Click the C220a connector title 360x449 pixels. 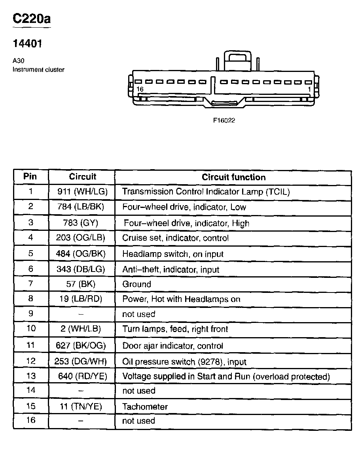click(x=32, y=19)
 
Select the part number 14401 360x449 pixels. click(x=27, y=43)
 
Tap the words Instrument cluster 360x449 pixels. click(x=38, y=70)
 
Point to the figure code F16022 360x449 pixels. click(x=224, y=121)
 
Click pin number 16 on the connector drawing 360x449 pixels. click(x=140, y=89)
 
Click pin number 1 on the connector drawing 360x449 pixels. click(x=309, y=89)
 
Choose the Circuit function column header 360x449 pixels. click(x=233, y=177)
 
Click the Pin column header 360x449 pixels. click(x=30, y=176)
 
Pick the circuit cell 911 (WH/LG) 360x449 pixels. click(x=82, y=192)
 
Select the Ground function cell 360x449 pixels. click(x=137, y=284)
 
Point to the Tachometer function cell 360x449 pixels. click(x=145, y=407)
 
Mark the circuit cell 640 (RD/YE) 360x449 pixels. click(x=82, y=376)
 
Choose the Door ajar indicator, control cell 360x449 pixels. click(x=173, y=346)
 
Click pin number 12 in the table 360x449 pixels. click(x=30, y=361)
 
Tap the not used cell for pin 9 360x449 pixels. click(x=139, y=314)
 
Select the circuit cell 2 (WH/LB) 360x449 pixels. click(x=81, y=329)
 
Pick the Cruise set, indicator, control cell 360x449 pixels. click(x=176, y=238)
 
